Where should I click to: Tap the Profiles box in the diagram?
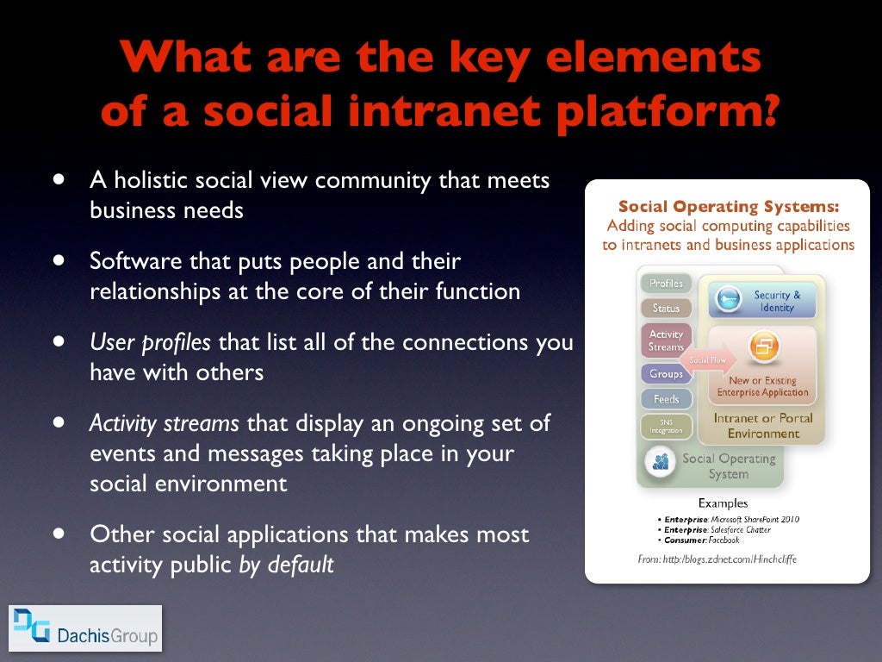point(666,284)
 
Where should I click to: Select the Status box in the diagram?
point(666,308)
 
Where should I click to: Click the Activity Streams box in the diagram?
point(666,340)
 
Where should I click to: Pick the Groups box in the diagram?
point(666,374)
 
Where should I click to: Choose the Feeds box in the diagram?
point(666,399)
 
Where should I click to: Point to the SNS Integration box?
point(666,426)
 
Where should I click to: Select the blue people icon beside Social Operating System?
point(661,462)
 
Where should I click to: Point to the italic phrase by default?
point(286,565)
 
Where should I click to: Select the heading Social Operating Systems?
point(728,207)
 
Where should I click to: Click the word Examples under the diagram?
point(723,503)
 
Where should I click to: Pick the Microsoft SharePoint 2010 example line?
point(728,520)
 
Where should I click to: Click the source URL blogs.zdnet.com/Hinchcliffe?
point(729,559)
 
